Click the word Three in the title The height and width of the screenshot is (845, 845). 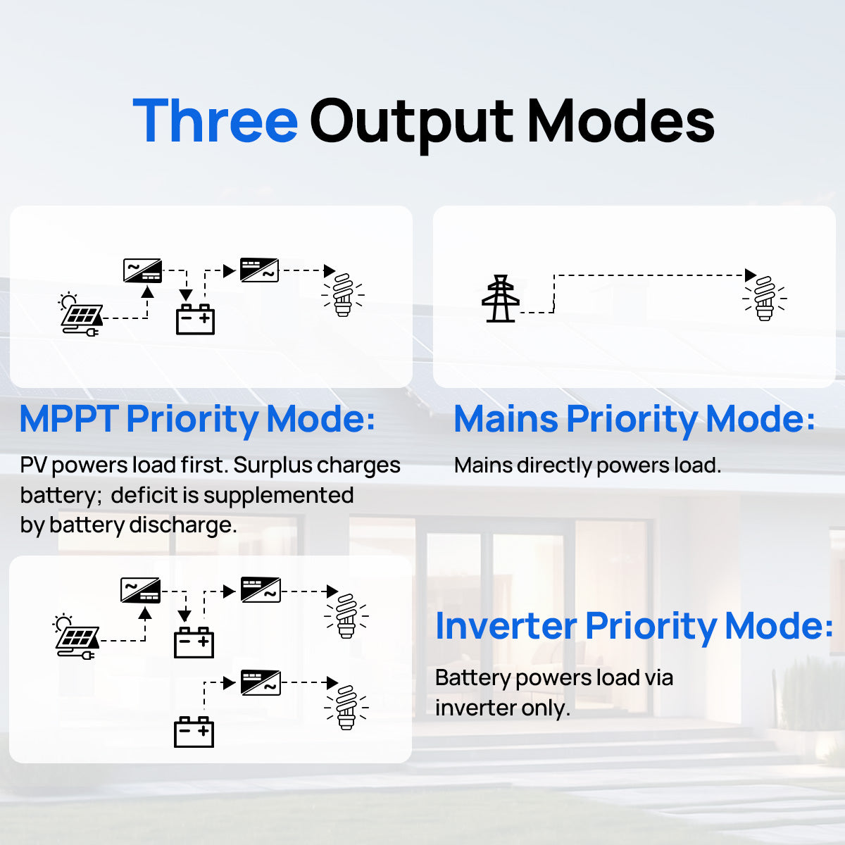(215, 120)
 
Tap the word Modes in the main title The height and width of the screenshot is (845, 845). (621, 120)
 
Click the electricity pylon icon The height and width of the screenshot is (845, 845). (501, 299)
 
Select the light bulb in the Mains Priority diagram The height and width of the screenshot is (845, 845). (764, 299)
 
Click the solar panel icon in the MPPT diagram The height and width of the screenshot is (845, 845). (81, 314)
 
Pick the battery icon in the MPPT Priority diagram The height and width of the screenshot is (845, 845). (195, 319)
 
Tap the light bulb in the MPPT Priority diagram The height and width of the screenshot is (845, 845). (343, 294)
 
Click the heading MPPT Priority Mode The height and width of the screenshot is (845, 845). (197, 420)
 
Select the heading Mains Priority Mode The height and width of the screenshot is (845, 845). (634, 420)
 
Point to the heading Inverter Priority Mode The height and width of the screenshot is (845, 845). (634, 627)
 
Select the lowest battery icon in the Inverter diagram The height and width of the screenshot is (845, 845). (194, 732)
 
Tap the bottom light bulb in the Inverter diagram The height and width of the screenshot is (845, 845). (346, 708)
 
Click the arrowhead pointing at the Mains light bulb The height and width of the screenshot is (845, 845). (751, 275)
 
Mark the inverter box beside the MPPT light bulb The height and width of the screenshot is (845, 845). (259, 270)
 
